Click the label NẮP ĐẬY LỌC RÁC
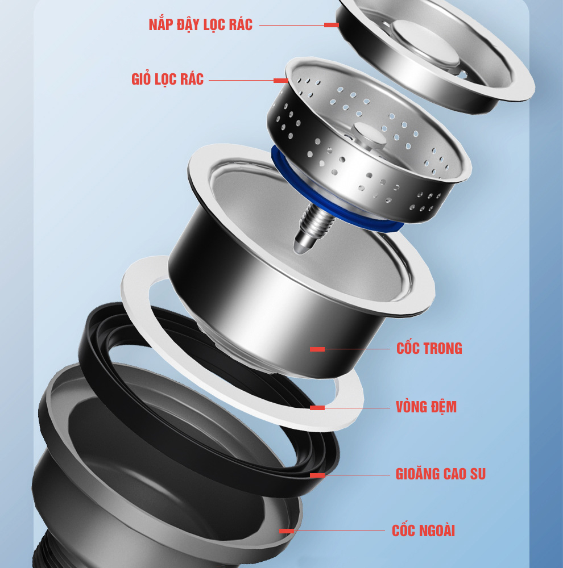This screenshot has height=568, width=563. [x=201, y=24]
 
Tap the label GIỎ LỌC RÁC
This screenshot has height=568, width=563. [x=167, y=79]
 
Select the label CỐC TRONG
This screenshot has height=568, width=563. [x=429, y=348]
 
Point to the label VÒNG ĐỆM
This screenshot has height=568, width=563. [x=426, y=407]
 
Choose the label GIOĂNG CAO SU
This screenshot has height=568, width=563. [x=440, y=474]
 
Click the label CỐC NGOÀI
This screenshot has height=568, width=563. [x=423, y=531]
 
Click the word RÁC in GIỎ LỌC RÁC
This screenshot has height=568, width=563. [x=192, y=80]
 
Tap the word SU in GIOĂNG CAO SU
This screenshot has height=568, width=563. [x=478, y=474]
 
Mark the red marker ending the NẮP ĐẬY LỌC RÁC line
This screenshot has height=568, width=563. [x=331, y=25]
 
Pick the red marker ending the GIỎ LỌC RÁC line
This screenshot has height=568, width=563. [x=281, y=81]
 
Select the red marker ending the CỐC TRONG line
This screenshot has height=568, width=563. [x=317, y=349]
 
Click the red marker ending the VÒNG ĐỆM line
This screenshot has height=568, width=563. [x=317, y=408]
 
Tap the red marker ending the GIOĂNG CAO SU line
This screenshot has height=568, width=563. [x=317, y=475]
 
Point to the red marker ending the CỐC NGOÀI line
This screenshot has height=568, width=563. [x=287, y=531]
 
